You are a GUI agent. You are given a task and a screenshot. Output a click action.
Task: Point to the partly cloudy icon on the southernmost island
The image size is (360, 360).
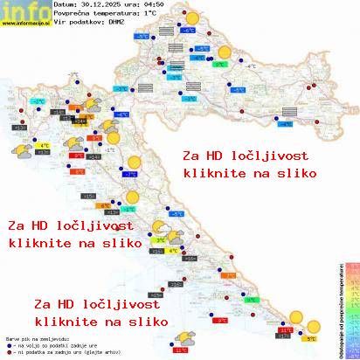pos(184,338)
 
